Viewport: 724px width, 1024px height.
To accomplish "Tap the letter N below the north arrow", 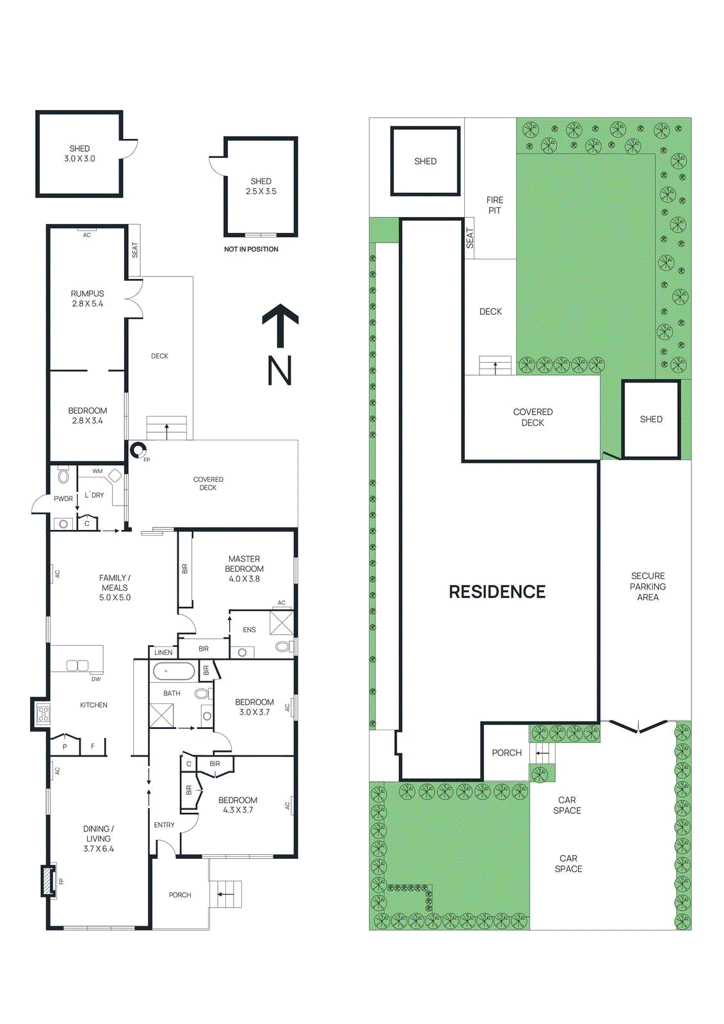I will (x=280, y=371).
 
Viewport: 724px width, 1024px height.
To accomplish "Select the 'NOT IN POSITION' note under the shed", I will (x=251, y=249).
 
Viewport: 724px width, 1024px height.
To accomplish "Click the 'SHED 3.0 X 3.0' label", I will (x=79, y=154).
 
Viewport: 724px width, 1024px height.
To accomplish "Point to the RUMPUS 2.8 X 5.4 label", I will (x=87, y=299).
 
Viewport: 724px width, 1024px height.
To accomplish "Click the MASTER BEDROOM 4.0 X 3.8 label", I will (x=244, y=569).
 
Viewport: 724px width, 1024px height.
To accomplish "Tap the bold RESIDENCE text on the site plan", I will (x=497, y=592).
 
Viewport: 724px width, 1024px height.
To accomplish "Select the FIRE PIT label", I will (x=495, y=205).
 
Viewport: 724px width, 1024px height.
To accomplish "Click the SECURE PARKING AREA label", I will (x=647, y=586).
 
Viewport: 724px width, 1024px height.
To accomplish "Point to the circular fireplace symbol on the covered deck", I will (x=138, y=450).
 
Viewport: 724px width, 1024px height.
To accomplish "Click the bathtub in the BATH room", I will (x=173, y=671).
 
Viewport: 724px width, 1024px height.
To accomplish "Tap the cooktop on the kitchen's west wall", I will (x=43, y=714).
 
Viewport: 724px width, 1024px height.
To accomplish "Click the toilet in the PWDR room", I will (x=63, y=477).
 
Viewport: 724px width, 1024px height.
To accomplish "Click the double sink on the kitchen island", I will (x=77, y=666).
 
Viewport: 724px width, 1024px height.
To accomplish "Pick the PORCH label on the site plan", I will (x=506, y=753).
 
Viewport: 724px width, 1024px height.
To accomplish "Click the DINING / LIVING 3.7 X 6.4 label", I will (x=98, y=838).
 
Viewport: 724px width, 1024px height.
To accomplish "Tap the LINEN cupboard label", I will (x=163, y=652).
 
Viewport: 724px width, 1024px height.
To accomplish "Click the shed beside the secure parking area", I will (x=651, y=419).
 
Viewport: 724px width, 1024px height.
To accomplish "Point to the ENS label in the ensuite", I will (x=249, y=630).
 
